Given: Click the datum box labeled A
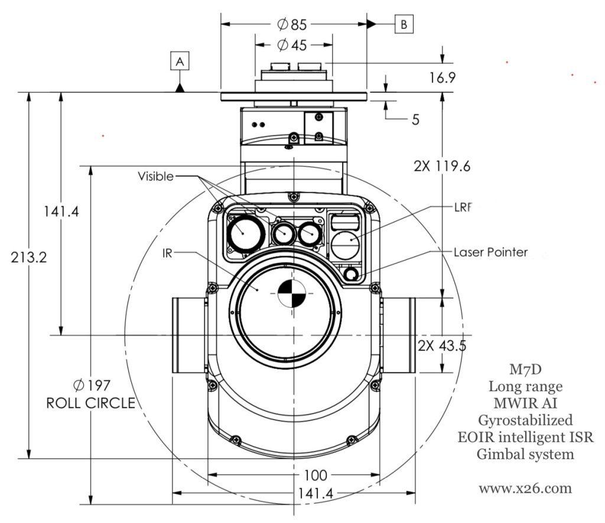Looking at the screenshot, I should click(x=181, y=60).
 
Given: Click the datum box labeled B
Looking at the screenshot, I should click(x=404, y=24).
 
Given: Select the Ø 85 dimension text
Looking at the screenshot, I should click(x=292, y=24).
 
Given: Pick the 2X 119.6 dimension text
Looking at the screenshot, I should click(x=443, y=166).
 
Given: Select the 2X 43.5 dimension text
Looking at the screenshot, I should click(x=441, y=346).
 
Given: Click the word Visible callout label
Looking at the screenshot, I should click(x=156, y=176).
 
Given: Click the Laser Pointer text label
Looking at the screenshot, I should click(x=490, y=252).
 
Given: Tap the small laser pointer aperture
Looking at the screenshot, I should click(x=352, y=275).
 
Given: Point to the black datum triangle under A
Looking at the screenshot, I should click(x=181, y=87).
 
